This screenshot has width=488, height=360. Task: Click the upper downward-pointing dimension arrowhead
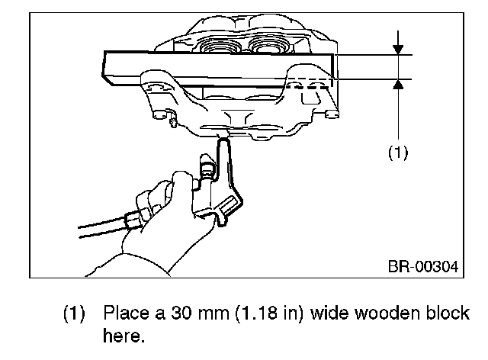(x=397, y=50)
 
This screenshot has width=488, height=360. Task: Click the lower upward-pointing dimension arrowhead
(x=397, y=85)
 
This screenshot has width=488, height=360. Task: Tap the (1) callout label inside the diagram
(x=397, y=153)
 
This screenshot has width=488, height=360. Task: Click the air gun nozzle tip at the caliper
(x=223, y=140)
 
